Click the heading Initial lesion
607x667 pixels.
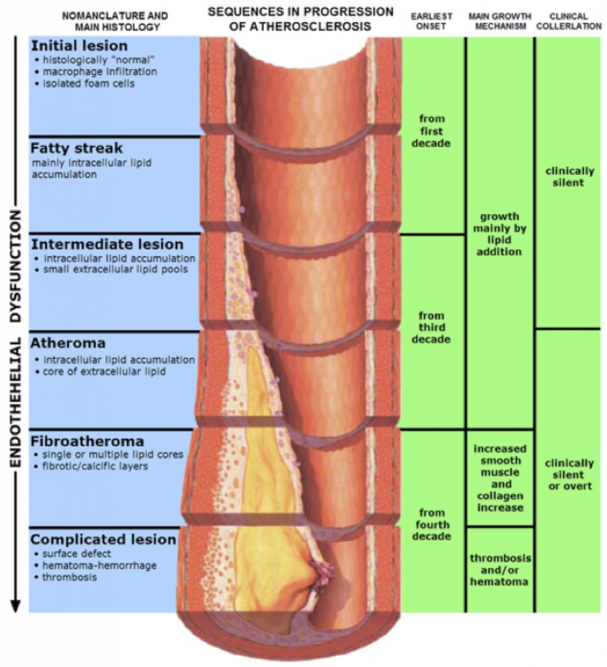pos(79,46)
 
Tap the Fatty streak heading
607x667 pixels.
pos(76,148)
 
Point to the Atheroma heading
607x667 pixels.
pos(68,342)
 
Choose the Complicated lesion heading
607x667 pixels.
pos(103,539)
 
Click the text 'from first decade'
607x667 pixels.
pos(432,130)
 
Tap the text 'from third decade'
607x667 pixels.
pos(432,328)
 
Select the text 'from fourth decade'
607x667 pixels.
pos(432,525)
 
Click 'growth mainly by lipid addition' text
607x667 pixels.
pos(500,234)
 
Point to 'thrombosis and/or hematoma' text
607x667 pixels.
pos(500,570)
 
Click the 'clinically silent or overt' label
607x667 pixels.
pos(569,475)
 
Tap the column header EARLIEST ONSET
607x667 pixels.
pos(432,21)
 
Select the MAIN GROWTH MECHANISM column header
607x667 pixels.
pos(500,21)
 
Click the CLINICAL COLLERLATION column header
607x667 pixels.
pos(571,21)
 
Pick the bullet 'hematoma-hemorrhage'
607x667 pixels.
pos(99,565)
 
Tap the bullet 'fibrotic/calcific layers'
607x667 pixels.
pos(94,466)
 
